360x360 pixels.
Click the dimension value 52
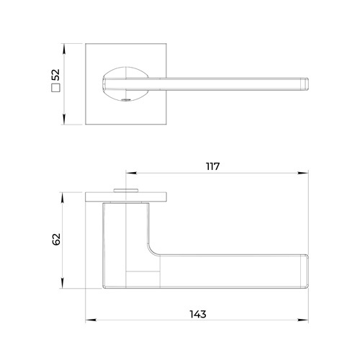point(55,75)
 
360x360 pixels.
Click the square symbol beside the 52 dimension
point(55,88)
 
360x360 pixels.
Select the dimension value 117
point(213,166)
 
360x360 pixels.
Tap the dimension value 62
point(56,239)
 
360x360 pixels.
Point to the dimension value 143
point(198,314)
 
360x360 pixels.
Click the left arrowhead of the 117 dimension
point(131,173)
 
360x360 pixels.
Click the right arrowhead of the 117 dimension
point(303,173)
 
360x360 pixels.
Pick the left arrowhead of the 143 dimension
point(91,320)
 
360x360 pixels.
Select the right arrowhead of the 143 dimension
point(303,320)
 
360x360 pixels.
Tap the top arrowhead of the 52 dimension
point(63,49)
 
